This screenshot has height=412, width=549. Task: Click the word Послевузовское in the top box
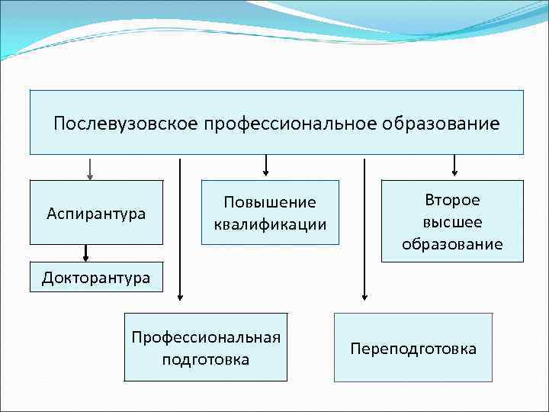click(125, 123)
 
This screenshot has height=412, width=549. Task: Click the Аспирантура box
click(96, 213)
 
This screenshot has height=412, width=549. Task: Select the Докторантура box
click(96, 277)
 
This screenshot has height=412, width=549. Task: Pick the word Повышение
click(269, 202)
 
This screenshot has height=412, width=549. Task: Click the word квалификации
click(269, 224)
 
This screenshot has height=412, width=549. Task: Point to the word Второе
click(452, 200)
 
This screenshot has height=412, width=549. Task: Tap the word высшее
click(452, 222)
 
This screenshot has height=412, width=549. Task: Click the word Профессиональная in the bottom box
click(206, 336)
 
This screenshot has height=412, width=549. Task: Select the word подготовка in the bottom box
click(206, 359)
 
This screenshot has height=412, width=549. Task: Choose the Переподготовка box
click(413, 348)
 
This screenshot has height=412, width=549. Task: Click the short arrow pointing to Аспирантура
click(90, 169)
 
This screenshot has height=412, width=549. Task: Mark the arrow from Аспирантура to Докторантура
click(86, 253)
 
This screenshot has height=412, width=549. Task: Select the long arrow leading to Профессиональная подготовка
click(180, 229)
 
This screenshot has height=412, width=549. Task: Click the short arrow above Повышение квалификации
click(266, 165)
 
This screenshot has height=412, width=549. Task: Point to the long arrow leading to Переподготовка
click(364, 229)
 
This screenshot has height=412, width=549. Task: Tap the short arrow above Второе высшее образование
click(454, 165)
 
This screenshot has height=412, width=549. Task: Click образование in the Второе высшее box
click(452, 244)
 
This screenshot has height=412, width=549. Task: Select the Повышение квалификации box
click(269, 212)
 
